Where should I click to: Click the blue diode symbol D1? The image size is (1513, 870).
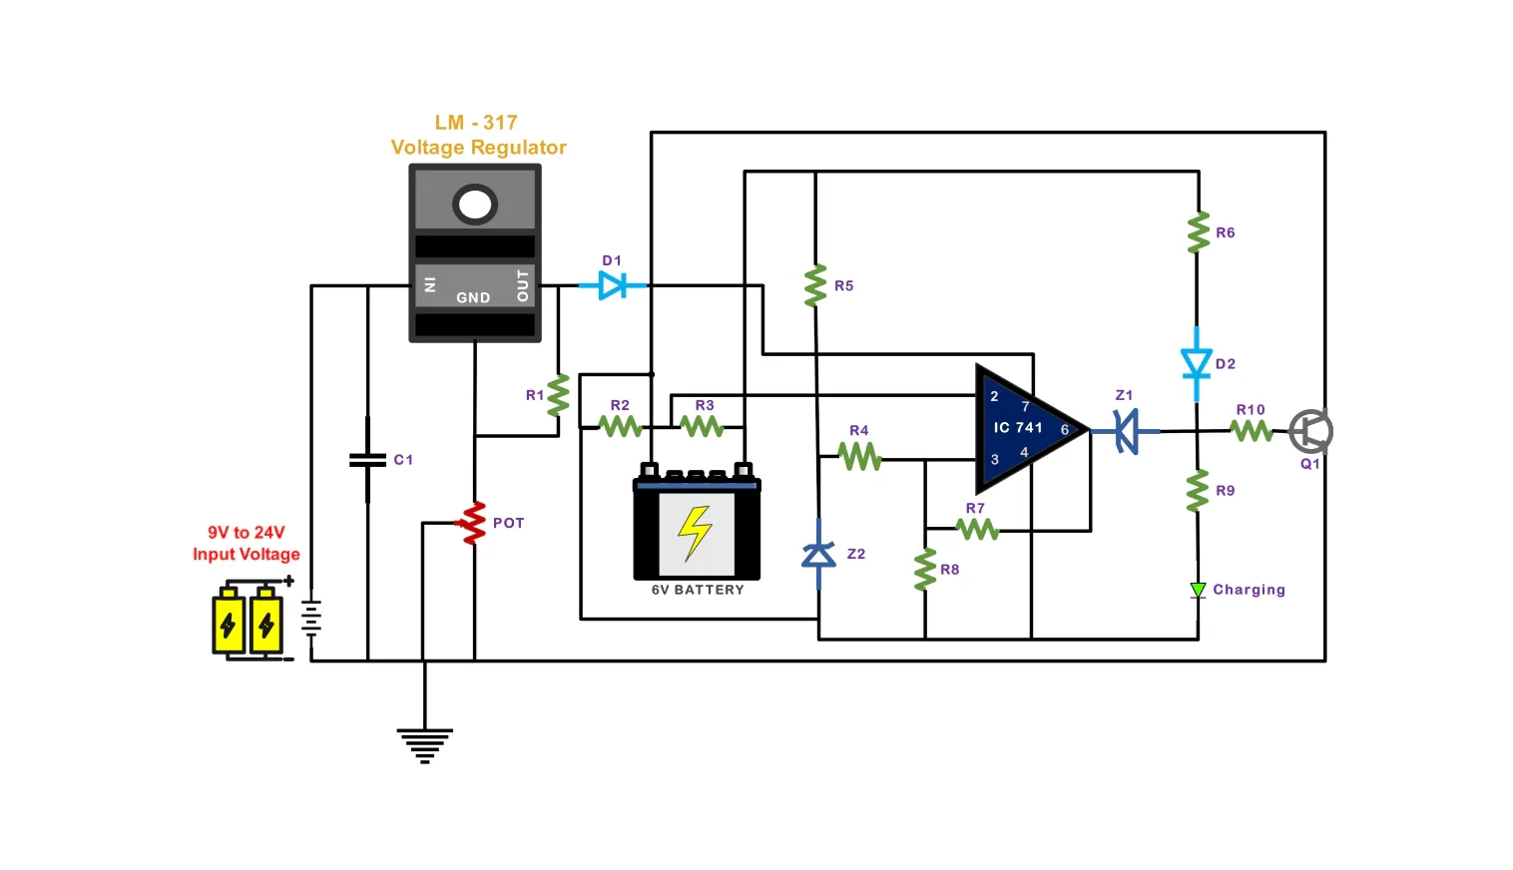point(612,286)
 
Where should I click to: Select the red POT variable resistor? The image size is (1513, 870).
point(472,523)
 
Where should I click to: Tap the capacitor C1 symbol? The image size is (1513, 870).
point(367,460)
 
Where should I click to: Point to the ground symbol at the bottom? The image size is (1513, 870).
point(424,744)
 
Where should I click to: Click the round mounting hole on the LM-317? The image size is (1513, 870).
point(475,205)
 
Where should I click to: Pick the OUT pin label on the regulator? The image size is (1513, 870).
point(522,285)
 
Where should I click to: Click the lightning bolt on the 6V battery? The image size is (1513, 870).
point(696,532)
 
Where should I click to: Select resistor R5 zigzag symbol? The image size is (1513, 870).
point(815,285)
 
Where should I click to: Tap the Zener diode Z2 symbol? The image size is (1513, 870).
point(818,554)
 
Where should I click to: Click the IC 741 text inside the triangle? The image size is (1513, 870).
point(1017,427)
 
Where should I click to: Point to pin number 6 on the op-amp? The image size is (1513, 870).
point(1065,430)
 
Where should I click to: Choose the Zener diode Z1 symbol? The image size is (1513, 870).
point(1127,431)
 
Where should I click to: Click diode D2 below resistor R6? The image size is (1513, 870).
point(1197,363)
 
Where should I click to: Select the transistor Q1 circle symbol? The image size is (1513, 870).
point(1310,432)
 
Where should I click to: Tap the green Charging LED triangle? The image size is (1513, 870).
point(1198,590)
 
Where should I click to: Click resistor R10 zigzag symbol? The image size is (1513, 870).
point(1251,431)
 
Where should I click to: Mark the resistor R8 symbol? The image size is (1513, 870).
point(925,569)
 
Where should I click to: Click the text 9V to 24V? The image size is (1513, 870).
point(246,533)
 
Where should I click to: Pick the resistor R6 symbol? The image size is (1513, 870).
point(1198,232)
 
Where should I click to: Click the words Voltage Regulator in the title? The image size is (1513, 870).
point(478,148)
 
